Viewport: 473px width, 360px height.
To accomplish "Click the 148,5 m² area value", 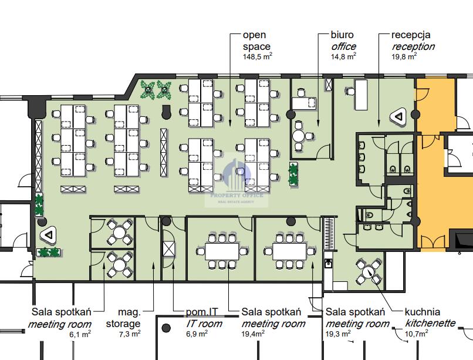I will pyautogui.click(x=257, y=57).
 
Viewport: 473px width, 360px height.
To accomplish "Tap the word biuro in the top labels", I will pyautogui.click(x=343, y=35).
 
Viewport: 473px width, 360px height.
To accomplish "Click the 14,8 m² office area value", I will pyautogui.click(x=344, y=57).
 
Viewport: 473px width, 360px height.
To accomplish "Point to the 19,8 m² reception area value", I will pyautogui.click(x=404, y=57).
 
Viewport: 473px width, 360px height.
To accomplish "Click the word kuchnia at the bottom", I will pyautogui.click(x=423, y=312).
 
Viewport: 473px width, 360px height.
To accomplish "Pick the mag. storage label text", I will pyautogui.click(x=123, y=318).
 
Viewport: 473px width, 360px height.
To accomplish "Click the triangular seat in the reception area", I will pyautogui.click(x=401, y=117).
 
